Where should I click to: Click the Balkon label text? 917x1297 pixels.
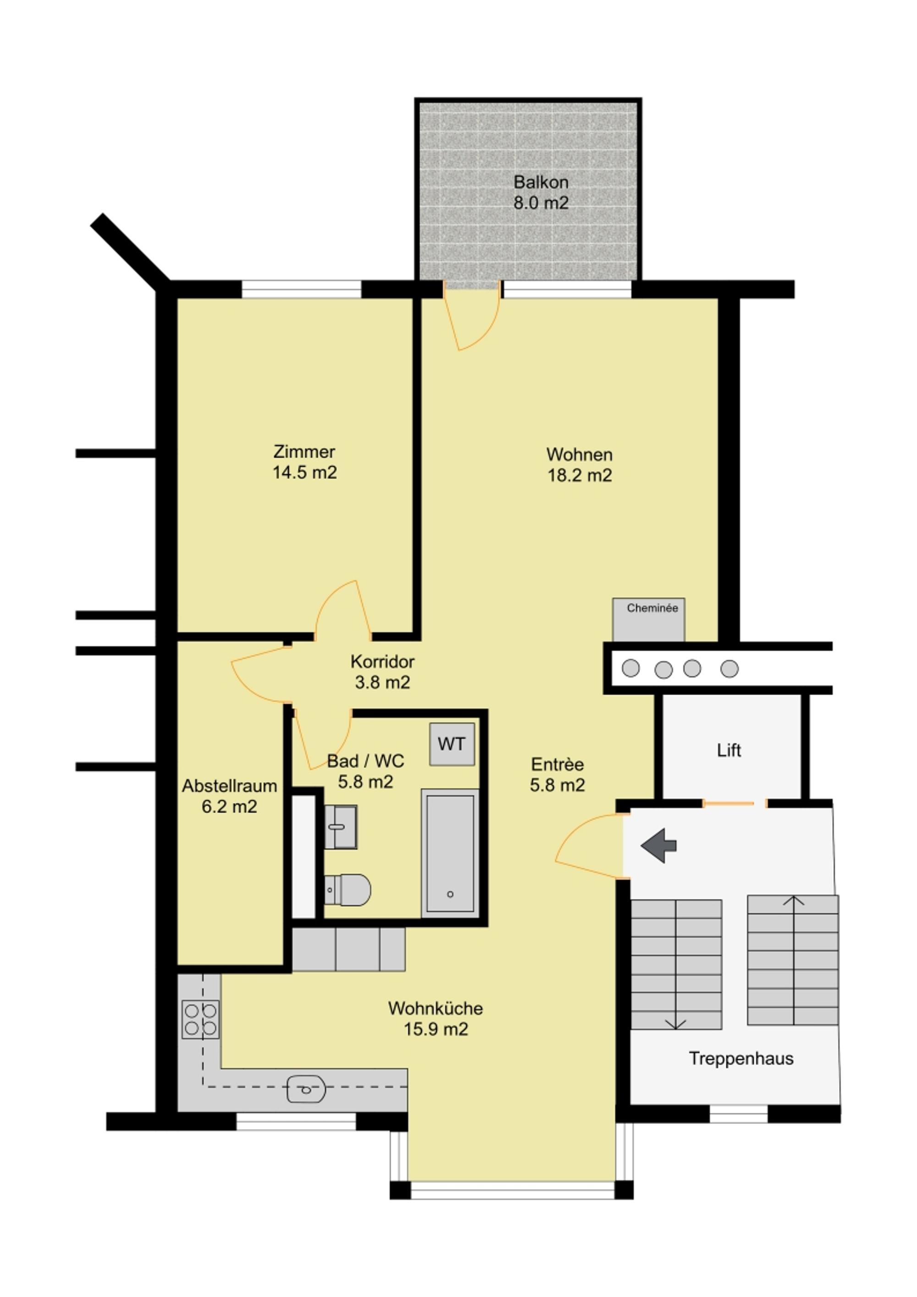[540, 182]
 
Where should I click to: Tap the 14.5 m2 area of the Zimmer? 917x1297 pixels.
[304, 473]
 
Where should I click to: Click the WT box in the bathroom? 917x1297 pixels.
[452, 744]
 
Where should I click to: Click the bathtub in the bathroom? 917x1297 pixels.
[450, 853]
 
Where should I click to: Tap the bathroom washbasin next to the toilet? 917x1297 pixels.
[340, 827]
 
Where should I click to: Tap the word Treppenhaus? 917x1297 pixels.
[741, 1058]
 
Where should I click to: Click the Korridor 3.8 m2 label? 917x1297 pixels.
[382, 672]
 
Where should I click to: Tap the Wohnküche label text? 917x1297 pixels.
[435, 1008]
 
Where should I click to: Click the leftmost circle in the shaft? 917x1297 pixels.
[630, 668]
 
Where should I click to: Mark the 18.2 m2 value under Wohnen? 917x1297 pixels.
[579, 475]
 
